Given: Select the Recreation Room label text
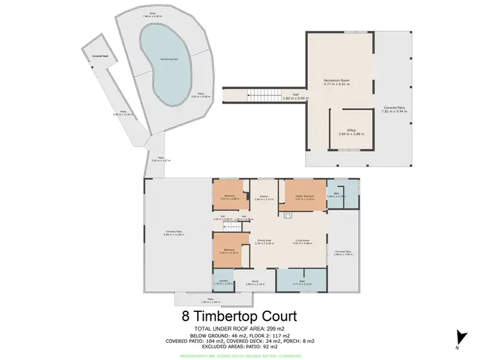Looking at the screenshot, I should click(x=340, y=82).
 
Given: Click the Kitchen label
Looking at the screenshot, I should click(x=263, y=198).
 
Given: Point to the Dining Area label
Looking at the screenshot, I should click(x=264, y=242).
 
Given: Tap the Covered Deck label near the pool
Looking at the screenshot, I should click(x=100, y=56).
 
